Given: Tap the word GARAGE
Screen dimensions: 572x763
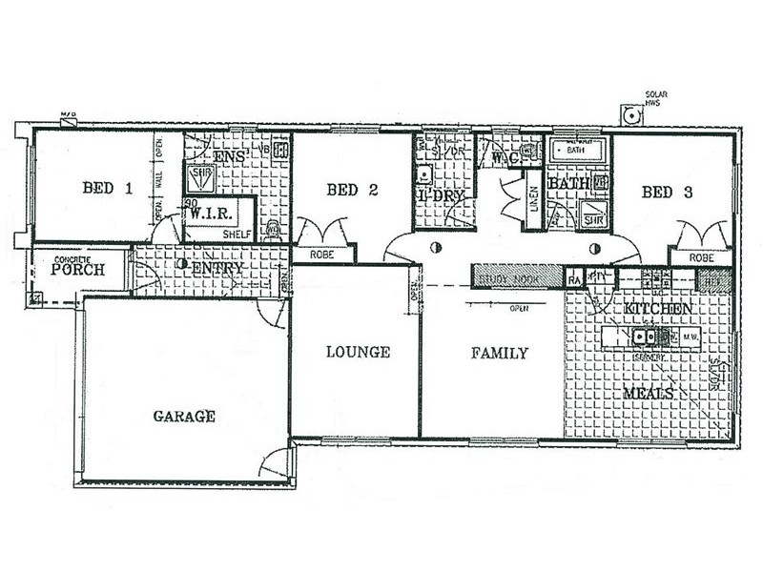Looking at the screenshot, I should [x=183, y=417].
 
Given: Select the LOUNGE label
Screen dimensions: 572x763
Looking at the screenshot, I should [x=358, y=352].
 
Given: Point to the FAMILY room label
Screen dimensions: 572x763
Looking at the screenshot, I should [x=500, y=353].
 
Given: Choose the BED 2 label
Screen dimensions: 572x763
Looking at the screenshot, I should [x=353, y=190].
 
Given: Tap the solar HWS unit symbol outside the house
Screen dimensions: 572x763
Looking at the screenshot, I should [x=631, y=114].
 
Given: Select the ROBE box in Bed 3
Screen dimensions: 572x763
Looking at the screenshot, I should [x=700, y=256].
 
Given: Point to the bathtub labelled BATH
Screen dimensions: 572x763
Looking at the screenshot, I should [x=578, y=151].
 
